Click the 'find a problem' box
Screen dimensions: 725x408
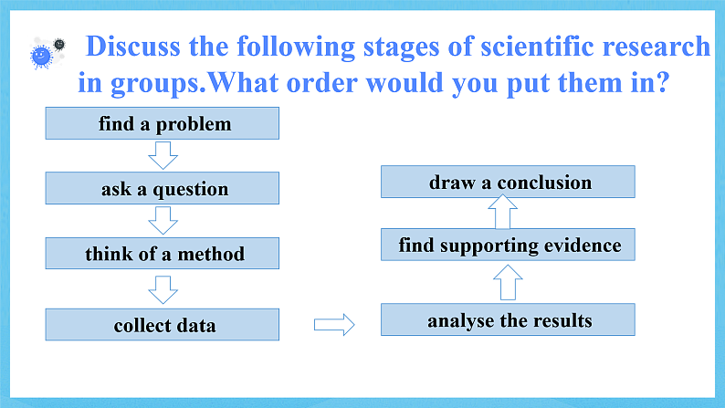click(x=163, y=123)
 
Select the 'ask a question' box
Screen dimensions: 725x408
click(x=163, y=188)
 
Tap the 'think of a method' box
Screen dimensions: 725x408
click(x=163, y=253)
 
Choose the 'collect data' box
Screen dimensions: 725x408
click(x=163, y=324)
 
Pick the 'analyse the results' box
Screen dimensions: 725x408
click(x=508, y=319)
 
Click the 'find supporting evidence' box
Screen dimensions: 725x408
click(x=508, y=245)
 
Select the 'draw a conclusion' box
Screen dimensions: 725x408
click(x=508, y=182)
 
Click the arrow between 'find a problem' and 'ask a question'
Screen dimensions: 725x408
click(x=163, y=156)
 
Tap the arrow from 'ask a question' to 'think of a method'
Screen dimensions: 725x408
click(x=163, y=220)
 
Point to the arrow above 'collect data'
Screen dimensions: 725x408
click(x=163, y=289)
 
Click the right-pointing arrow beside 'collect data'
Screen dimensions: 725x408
click(x=334, y=324)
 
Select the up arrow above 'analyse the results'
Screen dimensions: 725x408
click(x=508, y=282)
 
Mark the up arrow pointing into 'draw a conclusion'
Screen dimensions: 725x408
click(x=502, y=212)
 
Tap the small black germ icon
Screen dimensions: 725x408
click(x=59, y=45)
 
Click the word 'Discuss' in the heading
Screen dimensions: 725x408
click(x=132, y=47)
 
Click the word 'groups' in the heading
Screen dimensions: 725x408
click(x=154, y=85)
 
